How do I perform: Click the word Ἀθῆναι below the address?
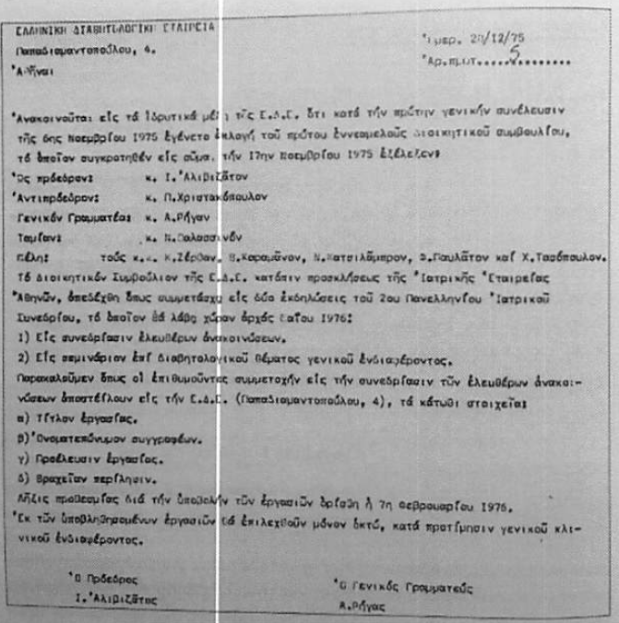pos(37,71)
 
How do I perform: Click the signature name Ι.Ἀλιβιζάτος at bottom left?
pos(109,599)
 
